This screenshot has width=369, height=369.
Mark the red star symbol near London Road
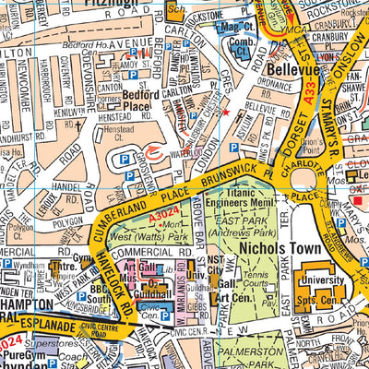(x=223, y=112)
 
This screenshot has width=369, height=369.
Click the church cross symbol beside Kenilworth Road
(x=79, y=121)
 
